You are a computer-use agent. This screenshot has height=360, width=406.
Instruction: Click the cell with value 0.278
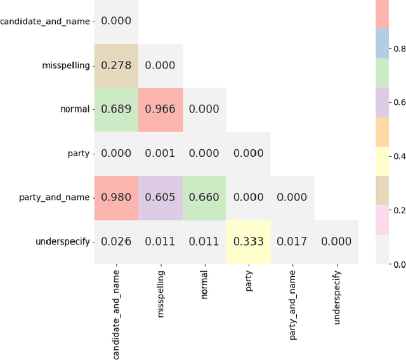[x=116, y=65]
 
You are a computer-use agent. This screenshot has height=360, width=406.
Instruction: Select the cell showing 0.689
[x=116, y=109]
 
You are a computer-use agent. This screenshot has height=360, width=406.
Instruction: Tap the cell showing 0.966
[x=160, y=109]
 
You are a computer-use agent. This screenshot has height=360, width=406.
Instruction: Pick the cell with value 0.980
[x=116, y=197]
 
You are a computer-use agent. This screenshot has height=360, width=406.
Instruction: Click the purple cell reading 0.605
[x=160, y=197]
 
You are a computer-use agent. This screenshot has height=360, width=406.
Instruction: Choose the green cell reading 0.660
[x=204, y=197]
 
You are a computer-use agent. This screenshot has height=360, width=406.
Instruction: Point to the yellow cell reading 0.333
[x=248, y=241]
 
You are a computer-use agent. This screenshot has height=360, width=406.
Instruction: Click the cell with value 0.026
[x=116, y=241]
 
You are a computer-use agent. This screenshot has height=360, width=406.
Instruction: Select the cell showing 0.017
[x=292, y=241]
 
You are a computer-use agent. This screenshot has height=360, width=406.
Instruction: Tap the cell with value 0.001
[x=160, y=154]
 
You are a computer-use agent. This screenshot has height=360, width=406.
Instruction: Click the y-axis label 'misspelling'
[x=66, y=65]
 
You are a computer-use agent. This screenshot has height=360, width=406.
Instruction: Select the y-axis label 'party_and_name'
[x=55, y=197]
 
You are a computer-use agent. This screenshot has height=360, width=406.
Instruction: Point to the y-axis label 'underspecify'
[x=63, y=241]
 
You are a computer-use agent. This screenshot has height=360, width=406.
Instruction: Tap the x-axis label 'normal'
[x=204, y=284]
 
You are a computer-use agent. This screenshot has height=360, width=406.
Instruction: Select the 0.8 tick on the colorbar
[x=399, y=48]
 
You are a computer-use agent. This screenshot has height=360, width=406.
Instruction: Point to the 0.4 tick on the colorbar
[x=399, y=156]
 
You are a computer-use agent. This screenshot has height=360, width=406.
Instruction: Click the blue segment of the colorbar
[x=383, y=44]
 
